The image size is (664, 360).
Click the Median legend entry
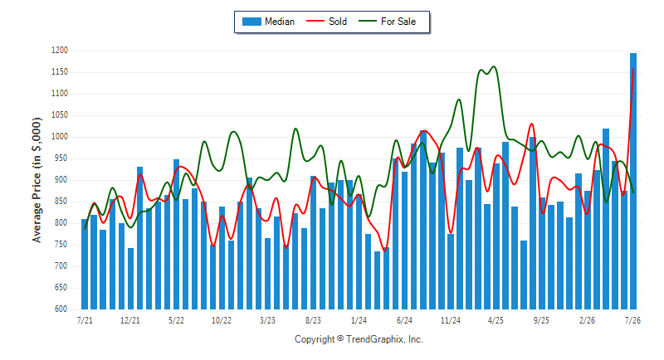tap(268, 22)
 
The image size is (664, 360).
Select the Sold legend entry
tap(326, 22)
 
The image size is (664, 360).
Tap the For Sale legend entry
tap(387, 22)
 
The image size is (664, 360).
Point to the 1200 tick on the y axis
tap(60, 51)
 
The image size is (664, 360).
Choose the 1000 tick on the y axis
tap(60, 137)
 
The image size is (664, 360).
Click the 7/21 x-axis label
tap(85, 320)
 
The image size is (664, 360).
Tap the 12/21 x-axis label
tap(130, 320)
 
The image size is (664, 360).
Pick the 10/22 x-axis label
tap(222, 320)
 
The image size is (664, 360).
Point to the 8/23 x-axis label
tap(313, 320)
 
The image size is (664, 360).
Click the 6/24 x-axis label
tap(404, 320)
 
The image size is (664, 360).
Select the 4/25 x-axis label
tap(496, 320)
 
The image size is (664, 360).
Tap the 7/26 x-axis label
tap(632, 320)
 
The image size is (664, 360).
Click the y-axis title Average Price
tap(37, 180)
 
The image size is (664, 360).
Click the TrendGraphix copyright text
tap(359, 339)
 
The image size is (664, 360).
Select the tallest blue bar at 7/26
tap(633, 181)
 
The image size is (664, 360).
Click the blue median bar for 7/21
tap(85, 264)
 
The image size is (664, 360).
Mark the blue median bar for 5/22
tap(176, 235)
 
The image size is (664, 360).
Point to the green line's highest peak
tap(493, 66)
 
